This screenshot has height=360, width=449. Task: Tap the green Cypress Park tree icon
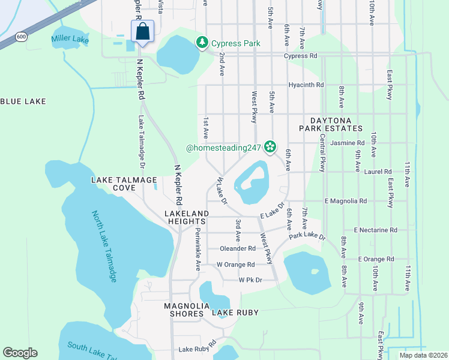202,43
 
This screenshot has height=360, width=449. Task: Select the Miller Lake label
70,40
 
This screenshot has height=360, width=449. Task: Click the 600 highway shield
22,37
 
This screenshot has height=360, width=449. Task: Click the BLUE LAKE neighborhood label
23,101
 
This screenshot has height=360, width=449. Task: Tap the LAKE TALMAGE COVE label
124,184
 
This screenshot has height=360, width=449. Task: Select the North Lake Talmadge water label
104,246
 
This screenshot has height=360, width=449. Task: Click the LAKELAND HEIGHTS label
187,217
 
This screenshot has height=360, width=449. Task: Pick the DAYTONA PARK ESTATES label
336,124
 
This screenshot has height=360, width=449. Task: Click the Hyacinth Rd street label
306,85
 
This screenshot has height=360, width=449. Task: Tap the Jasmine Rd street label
348,143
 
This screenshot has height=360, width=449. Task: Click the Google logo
20,353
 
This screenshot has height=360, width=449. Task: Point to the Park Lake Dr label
307,237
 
